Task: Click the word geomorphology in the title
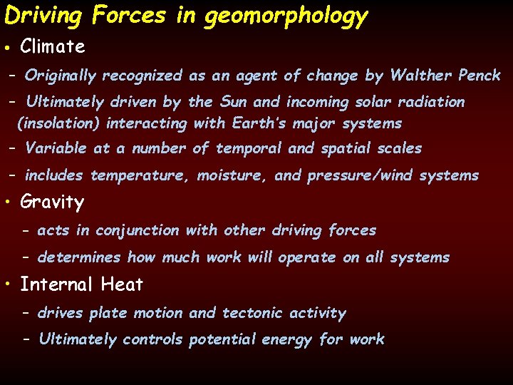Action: click(x=286, y=15)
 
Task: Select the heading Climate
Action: click(x=53, y=47)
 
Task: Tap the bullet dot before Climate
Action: click(x=6, y=48)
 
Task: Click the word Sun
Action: click(x=234, y=102)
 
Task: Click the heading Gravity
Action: click(x=52, y=202)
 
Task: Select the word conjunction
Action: click(x=138, y=230)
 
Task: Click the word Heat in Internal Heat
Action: click(x=122, y=284)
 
